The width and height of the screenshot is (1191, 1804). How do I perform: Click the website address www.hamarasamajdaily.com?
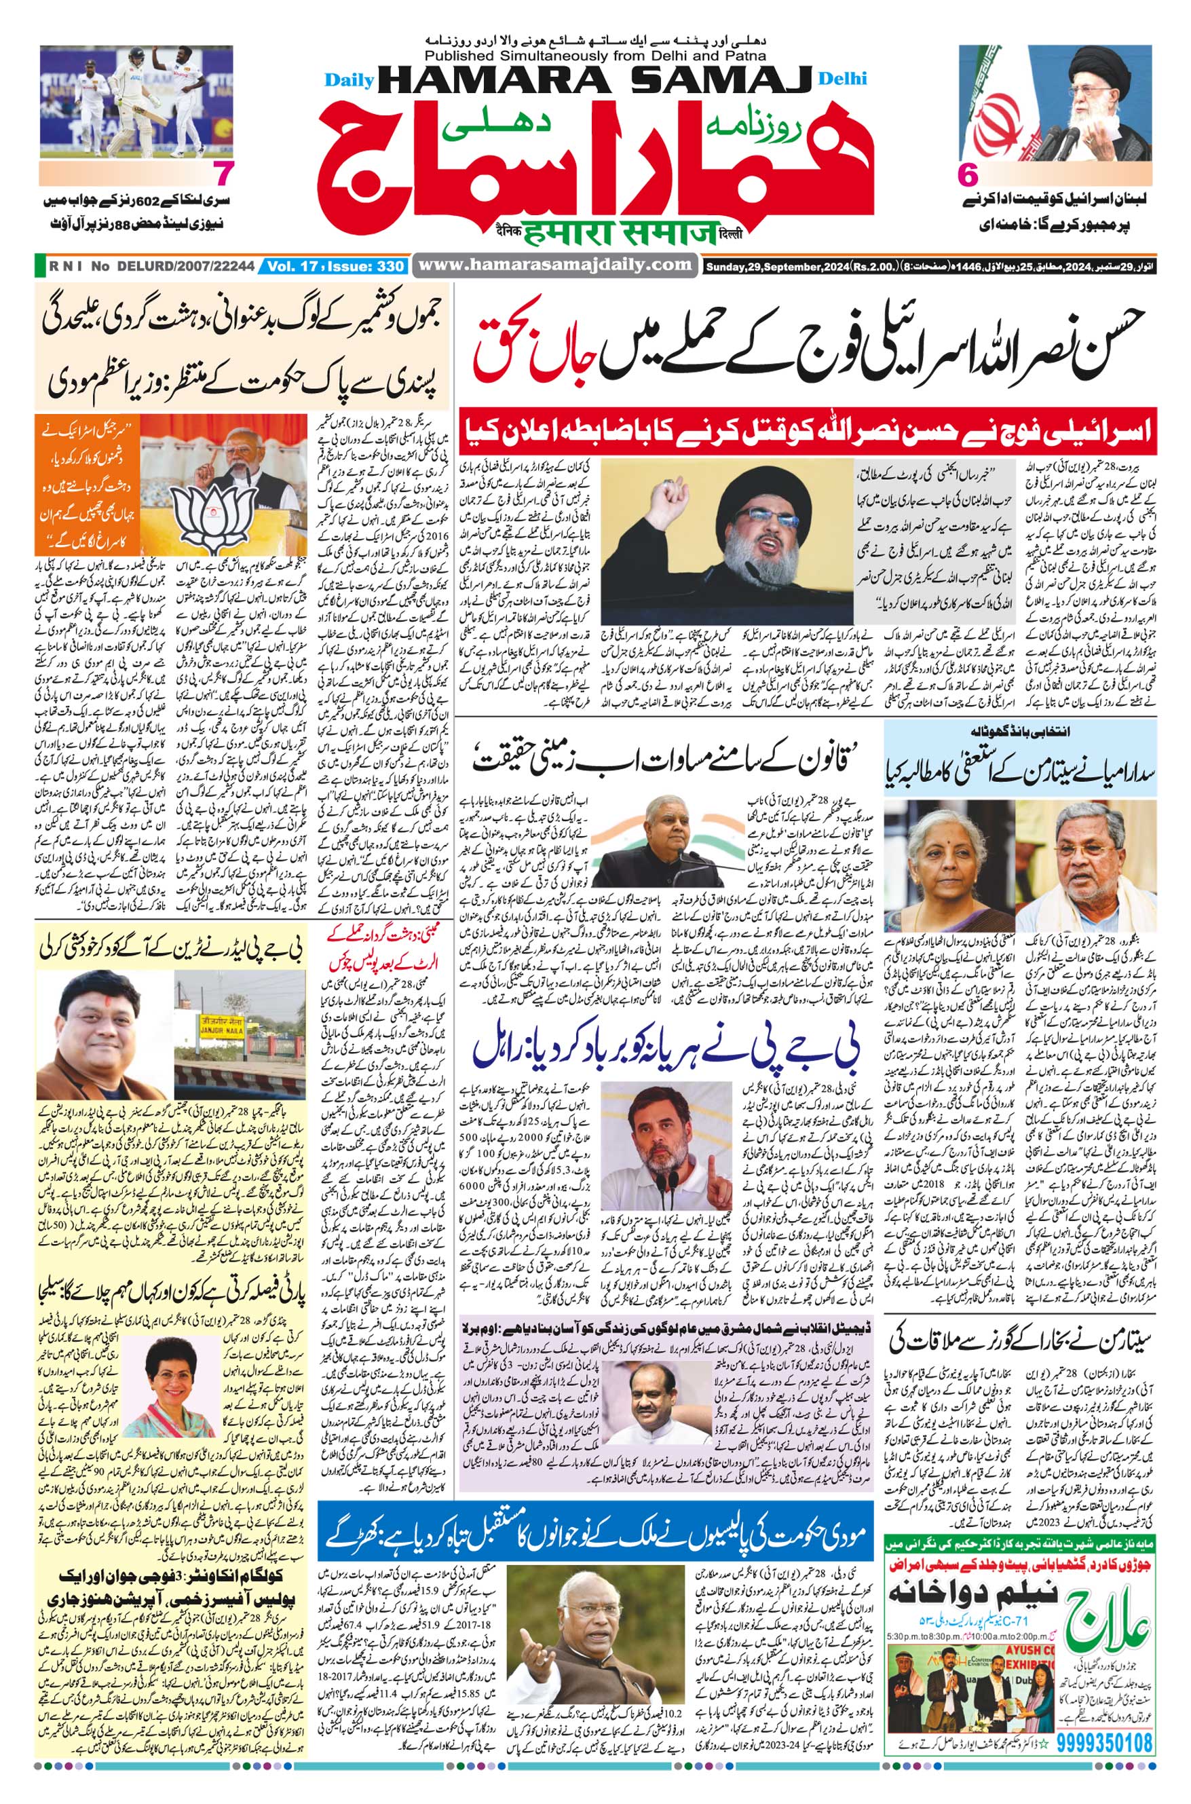click(x=556, y=265)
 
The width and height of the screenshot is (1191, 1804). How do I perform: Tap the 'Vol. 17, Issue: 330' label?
click(x=335, y=267)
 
